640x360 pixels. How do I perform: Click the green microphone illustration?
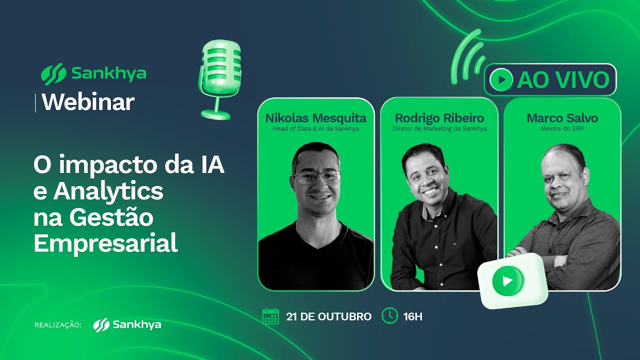coord(220,75)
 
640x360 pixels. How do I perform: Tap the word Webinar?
coord(88,102)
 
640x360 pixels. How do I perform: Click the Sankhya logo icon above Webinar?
coord(53,74)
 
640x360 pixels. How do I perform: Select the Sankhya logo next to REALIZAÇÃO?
coord(127,324)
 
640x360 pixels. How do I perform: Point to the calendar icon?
coord(270,316)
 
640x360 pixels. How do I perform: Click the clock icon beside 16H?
coord(389,316)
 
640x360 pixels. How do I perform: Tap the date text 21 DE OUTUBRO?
coord(328,316)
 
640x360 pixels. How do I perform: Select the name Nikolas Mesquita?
coord(315,118)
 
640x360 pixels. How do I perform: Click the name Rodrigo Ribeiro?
coord(439,118)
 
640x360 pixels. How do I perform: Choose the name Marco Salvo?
coord(562,118)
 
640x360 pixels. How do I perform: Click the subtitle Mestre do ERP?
coord(562,128)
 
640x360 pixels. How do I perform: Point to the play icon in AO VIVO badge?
coord(501,79)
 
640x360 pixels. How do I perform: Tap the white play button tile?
coord(509,280)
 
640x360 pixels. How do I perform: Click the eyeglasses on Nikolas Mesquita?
coord(316,176)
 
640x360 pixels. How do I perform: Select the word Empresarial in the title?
coord(105,243)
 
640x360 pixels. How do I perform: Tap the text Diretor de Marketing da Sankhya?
coord(439,128)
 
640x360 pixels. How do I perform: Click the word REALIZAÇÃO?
coord(57,325)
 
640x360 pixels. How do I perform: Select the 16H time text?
coord(412,316)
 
